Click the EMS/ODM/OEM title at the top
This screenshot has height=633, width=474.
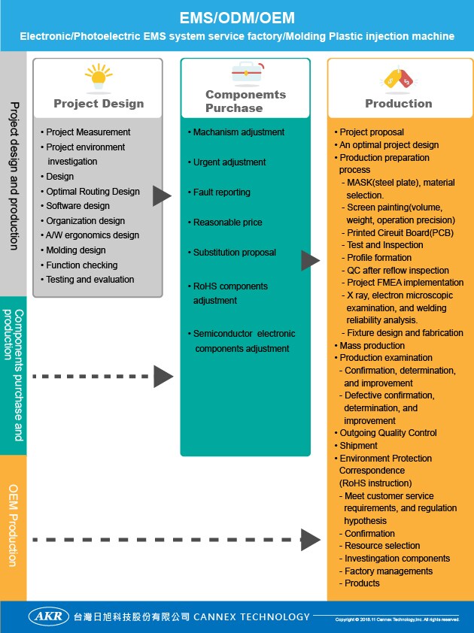click(237, 17)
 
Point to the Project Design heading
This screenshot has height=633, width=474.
click(99, 104)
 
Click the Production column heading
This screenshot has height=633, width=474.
click(399, 104)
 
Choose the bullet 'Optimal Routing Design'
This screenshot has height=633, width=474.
click(93, 192)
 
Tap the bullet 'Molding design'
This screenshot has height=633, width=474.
click(75, 250)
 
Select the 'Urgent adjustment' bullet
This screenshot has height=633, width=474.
click(229, 162)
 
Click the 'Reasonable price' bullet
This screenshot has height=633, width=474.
click(229, 223)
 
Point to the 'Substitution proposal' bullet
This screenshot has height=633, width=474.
click(234, 253)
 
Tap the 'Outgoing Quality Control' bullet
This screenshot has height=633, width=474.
click(388, 433)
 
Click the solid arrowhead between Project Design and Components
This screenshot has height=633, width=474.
click(161, 196)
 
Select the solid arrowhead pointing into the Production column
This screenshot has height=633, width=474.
click(310, 261)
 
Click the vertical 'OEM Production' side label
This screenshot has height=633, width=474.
click(13, 526)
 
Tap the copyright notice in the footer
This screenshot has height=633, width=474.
click(397, 619)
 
